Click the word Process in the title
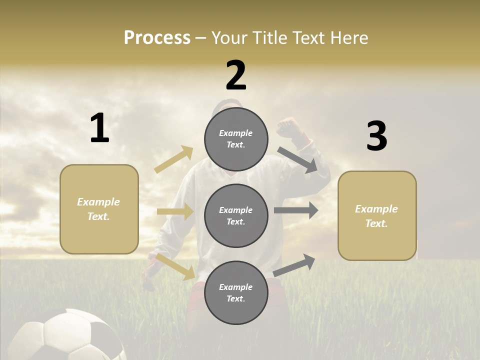point(157,37)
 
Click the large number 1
point(99,128)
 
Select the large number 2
point(236,75)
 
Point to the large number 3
point(376,136)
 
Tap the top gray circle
point(236,139)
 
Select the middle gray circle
point(236,215)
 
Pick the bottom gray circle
point(236,292)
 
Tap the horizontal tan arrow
point(175,211)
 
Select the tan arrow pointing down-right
point(175,267)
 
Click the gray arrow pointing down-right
point(298,160)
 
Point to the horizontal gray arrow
point(296,210)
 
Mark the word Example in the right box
point(376,209)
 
